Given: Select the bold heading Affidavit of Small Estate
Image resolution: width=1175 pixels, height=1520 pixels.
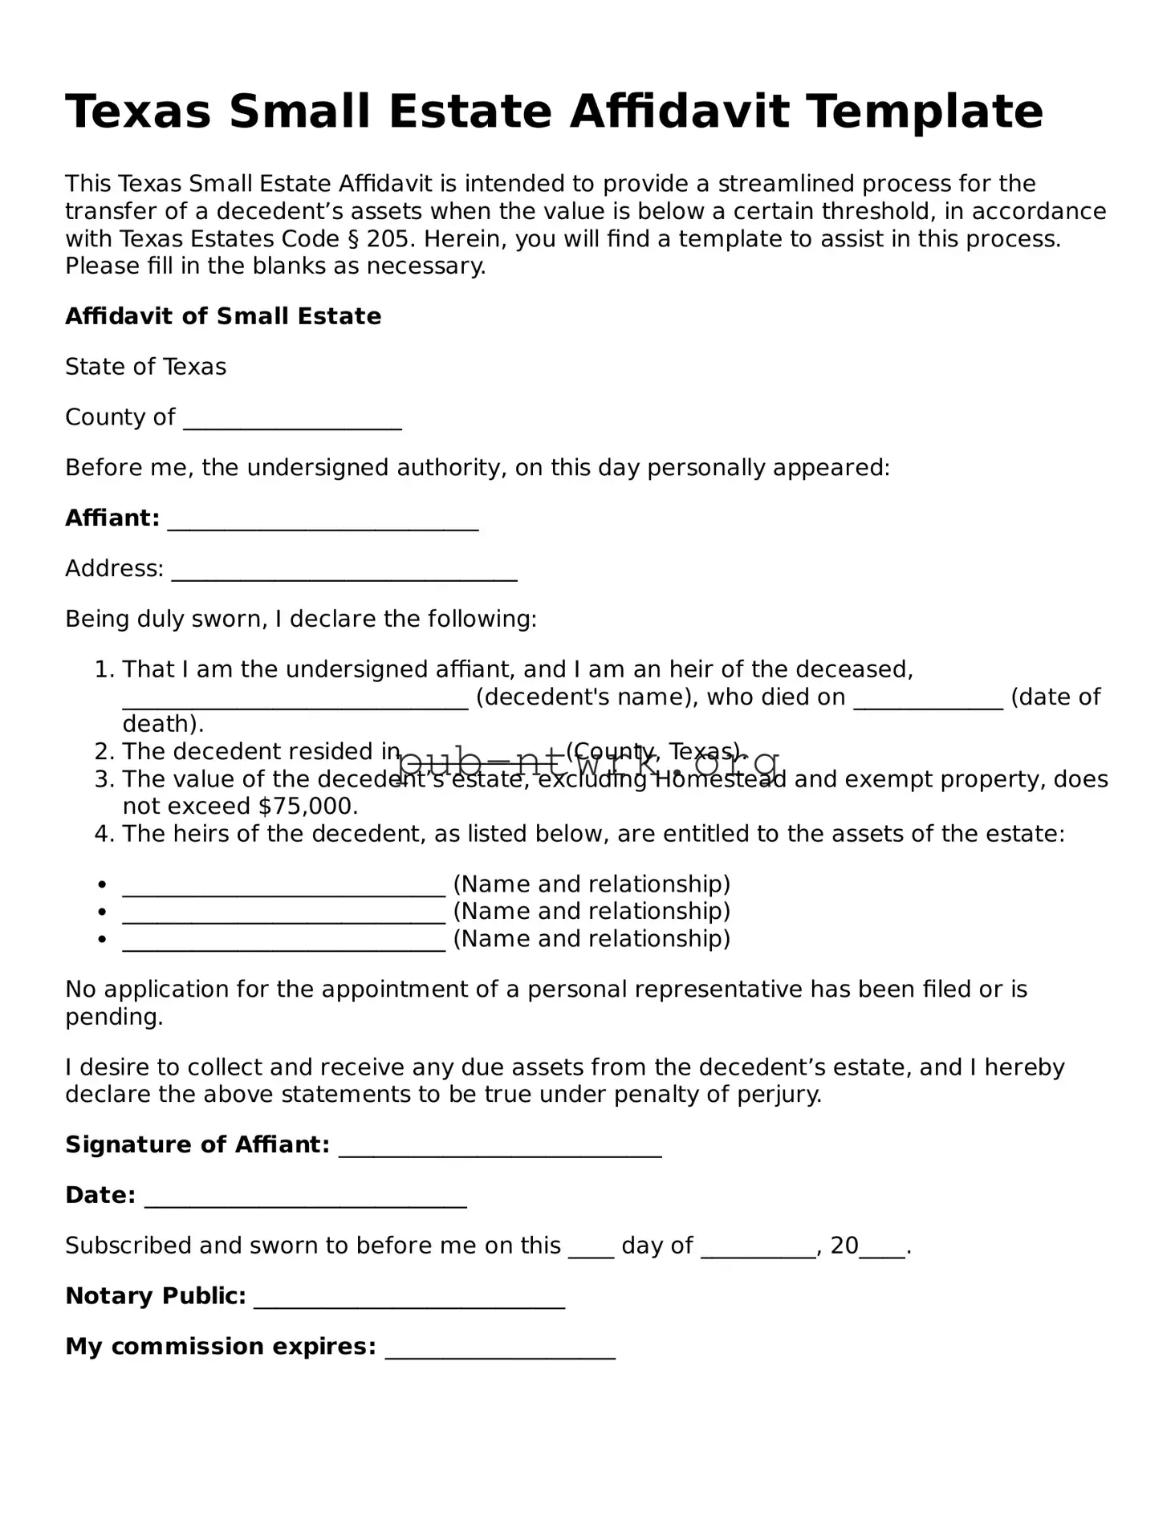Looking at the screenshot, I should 222,316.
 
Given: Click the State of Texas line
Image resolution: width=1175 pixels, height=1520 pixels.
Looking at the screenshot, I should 145,367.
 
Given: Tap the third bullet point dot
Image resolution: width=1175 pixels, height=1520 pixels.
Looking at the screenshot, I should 102,940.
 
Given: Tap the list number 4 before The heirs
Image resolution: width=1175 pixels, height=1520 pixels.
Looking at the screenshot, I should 104,834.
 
